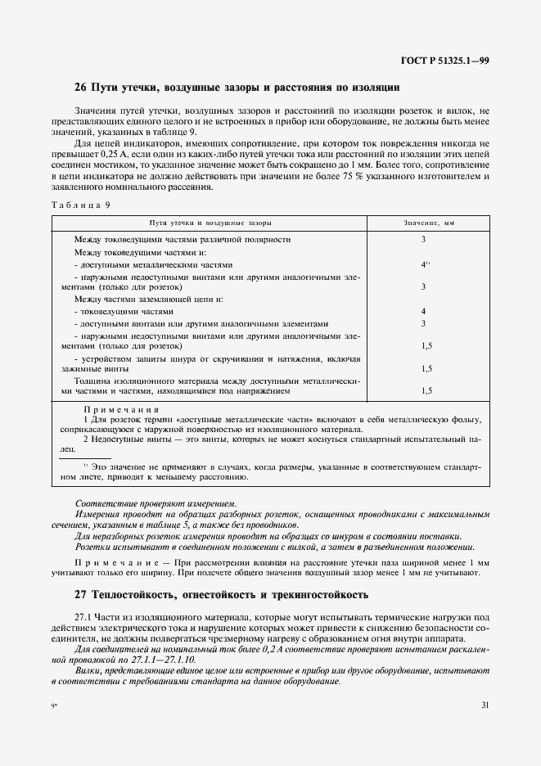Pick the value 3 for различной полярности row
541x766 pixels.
coord(423,240)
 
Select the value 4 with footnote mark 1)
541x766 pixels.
coord(425,264)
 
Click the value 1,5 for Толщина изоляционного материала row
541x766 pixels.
coord(426,391)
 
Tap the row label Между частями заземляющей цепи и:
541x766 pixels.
coord(143,300)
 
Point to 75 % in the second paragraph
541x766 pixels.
coord(380,176)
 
